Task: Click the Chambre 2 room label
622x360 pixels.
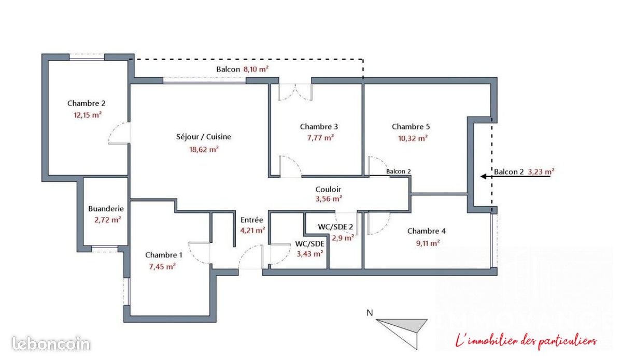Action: [x=87, y=103]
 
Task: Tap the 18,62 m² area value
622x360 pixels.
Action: [x=204, y=149]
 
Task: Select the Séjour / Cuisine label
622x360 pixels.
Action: [x=204, y=137]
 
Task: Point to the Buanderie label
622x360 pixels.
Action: [x=106, y=209]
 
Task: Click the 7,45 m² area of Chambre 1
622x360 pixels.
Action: [x=162, y=266]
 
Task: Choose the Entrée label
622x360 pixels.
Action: [x=251, y=220]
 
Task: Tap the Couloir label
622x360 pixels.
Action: [x=328, y=189]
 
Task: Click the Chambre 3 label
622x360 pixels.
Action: [x=319, y=126]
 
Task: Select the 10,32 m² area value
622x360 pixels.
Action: [x=413, y=138]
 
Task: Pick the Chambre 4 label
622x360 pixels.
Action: [x=426, y=231]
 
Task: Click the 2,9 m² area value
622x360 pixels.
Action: [x=343, y=238]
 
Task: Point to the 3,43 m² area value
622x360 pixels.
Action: [x=309, y=254]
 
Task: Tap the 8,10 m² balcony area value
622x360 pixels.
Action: [x=256, y=69]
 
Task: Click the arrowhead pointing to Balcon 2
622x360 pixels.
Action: [x=484, y=176]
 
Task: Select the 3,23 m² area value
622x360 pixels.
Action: [x=541, y=172]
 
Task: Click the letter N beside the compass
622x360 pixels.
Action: [x=370, y=313]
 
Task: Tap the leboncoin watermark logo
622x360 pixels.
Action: [x=51, y=343]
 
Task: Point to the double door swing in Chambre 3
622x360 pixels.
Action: [x=295, y=92]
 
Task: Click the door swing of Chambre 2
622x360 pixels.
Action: [x=119, y=133]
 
